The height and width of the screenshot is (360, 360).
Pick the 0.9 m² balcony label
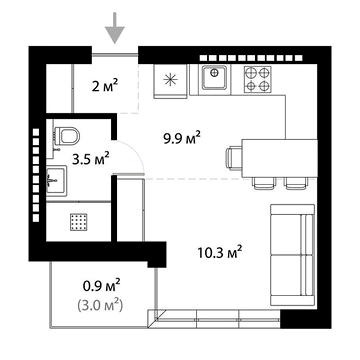pyautogui.click(x=100, y=284)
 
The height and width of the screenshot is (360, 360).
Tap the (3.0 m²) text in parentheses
pyautogui.click(x=100, y=303)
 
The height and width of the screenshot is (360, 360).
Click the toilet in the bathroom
pyautogui.click(x=67, y=134)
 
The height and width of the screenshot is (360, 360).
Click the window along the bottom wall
pyautogui.click(x=215, y=319)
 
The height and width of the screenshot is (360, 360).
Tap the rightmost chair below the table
pyautogui.click(x=295, y=182)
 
